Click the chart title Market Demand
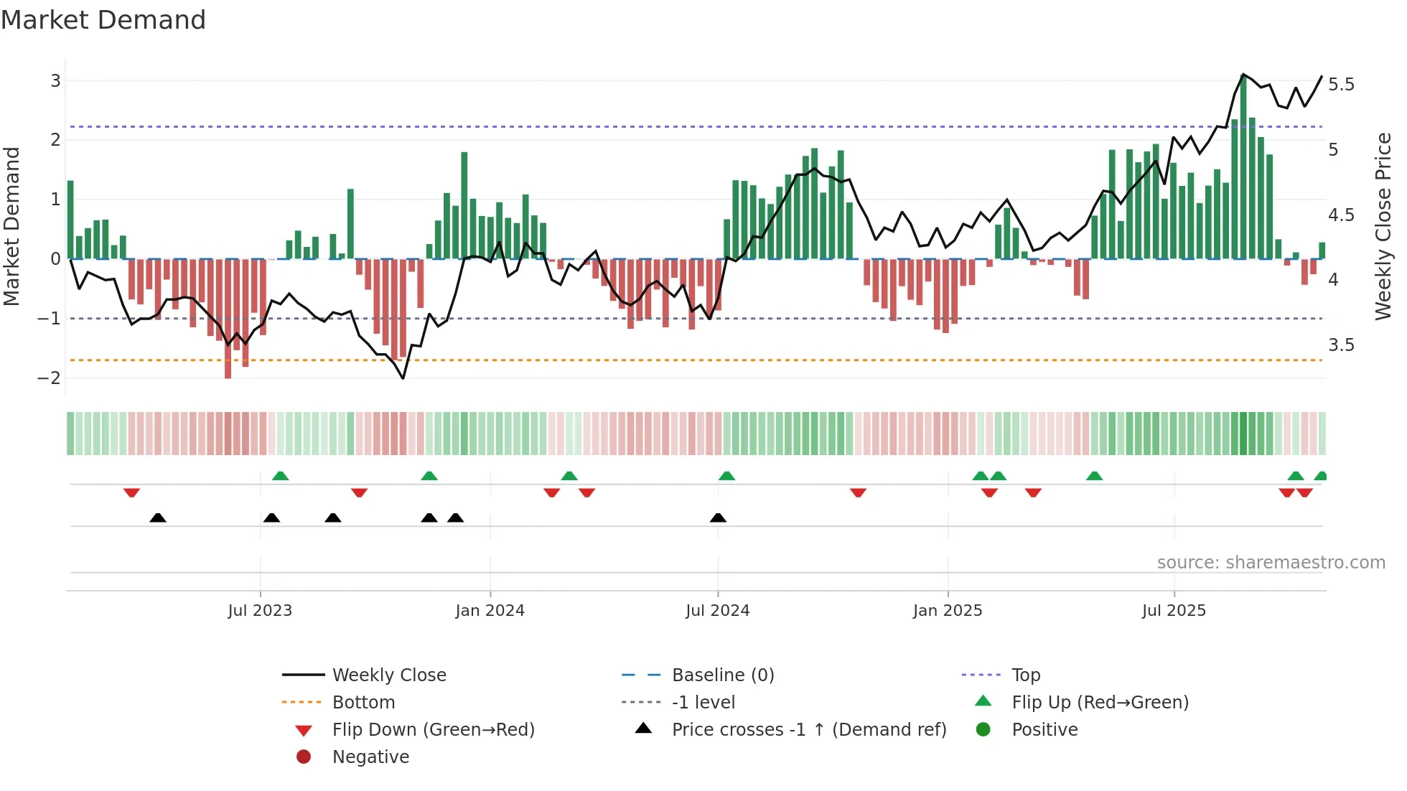(103, 20)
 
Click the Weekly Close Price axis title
(1383, 226)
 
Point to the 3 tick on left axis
(55, 80)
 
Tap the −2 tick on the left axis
(49, 378)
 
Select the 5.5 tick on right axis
(1341, 85)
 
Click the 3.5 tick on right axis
(1341, 345)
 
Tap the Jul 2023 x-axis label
(260, 611)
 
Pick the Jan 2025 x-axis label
(948, 611)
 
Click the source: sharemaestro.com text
(1271, 563)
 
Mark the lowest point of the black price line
(403, 378)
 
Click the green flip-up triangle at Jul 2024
(726, 476)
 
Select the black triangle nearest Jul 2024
(718, 518)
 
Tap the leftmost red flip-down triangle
(131, 492)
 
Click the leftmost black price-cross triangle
(158, 518)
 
